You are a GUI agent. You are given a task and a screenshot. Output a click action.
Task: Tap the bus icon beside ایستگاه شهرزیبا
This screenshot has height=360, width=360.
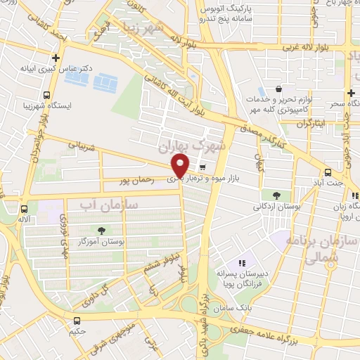46,95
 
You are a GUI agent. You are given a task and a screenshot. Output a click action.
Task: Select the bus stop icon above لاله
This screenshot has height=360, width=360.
25,208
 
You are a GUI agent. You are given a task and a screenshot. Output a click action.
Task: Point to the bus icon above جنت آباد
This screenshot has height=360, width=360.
328,172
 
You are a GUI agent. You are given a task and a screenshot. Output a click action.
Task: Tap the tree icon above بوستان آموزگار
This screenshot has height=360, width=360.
103,230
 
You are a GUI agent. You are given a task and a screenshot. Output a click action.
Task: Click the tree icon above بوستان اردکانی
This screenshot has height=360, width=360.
276,195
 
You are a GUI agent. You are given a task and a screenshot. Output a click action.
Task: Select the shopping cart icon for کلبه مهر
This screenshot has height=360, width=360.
280,89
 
